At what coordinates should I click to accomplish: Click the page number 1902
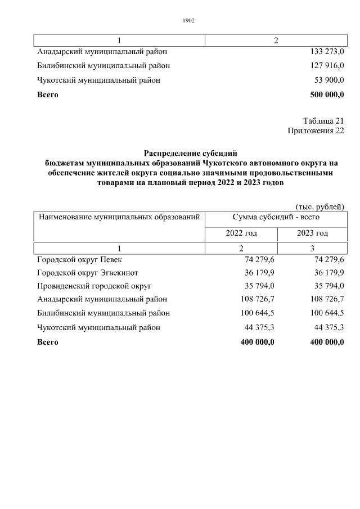(188, 21)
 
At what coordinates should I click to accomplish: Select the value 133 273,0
(327, 52)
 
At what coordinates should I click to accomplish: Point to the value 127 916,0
(327, 66)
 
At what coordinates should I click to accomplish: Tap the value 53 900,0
(329, 80)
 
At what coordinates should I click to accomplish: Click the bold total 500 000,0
(326, 94)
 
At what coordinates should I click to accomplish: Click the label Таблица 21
(323, 121)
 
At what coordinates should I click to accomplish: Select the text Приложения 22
(315, 130)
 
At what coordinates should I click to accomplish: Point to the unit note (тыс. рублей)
(319, 206)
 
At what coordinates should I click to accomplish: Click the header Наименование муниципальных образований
(119, 217)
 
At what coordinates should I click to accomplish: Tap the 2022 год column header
(241, 233)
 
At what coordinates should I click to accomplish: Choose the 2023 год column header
(312, 233)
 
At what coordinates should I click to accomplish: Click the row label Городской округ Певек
(79, 260)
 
